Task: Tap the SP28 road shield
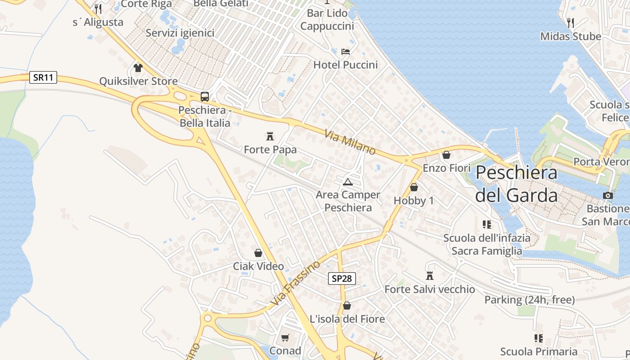point(342,279)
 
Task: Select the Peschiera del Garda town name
point(516,184)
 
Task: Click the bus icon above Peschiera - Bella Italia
point(205,96)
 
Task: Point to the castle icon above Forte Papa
point(270,136)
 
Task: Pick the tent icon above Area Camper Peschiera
point(347,182)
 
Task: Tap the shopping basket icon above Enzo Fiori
point(446,155)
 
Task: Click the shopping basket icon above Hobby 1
point(414,187)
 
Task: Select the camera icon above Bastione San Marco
point(607,195)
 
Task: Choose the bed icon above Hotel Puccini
point(346,51)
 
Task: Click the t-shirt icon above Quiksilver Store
point(138,68)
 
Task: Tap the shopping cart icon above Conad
point(285,337)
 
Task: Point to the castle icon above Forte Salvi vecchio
point(430,275)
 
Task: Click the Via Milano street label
point(350,142)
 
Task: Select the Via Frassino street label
point(296,283)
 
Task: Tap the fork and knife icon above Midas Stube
point(571,22)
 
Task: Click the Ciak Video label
point(258,266)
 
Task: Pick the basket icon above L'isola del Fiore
point(347,306)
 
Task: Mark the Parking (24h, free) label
point(529,300)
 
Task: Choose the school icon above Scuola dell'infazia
point(486,224)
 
